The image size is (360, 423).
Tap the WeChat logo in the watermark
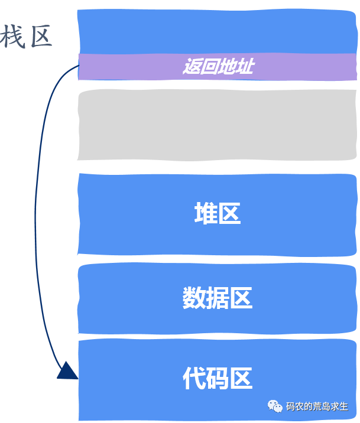275,406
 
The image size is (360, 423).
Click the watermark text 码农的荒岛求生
317,406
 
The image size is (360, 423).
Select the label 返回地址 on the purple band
218,66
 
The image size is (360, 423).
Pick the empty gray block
217,125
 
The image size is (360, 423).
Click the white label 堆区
218,214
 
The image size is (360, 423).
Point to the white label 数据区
218,298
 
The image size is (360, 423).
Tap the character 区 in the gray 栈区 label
41,37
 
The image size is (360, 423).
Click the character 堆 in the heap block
206,214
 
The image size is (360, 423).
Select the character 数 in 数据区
194,298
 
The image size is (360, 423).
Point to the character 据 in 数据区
218,298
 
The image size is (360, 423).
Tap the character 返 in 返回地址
191,66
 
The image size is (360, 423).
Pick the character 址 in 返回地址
245,66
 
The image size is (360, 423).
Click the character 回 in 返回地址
209,66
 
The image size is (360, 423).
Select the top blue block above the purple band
217,31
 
